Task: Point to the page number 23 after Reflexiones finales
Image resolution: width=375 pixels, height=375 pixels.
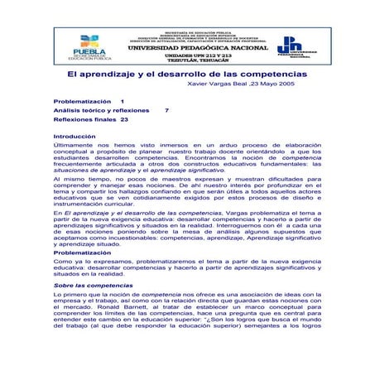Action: pos(124,119)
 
